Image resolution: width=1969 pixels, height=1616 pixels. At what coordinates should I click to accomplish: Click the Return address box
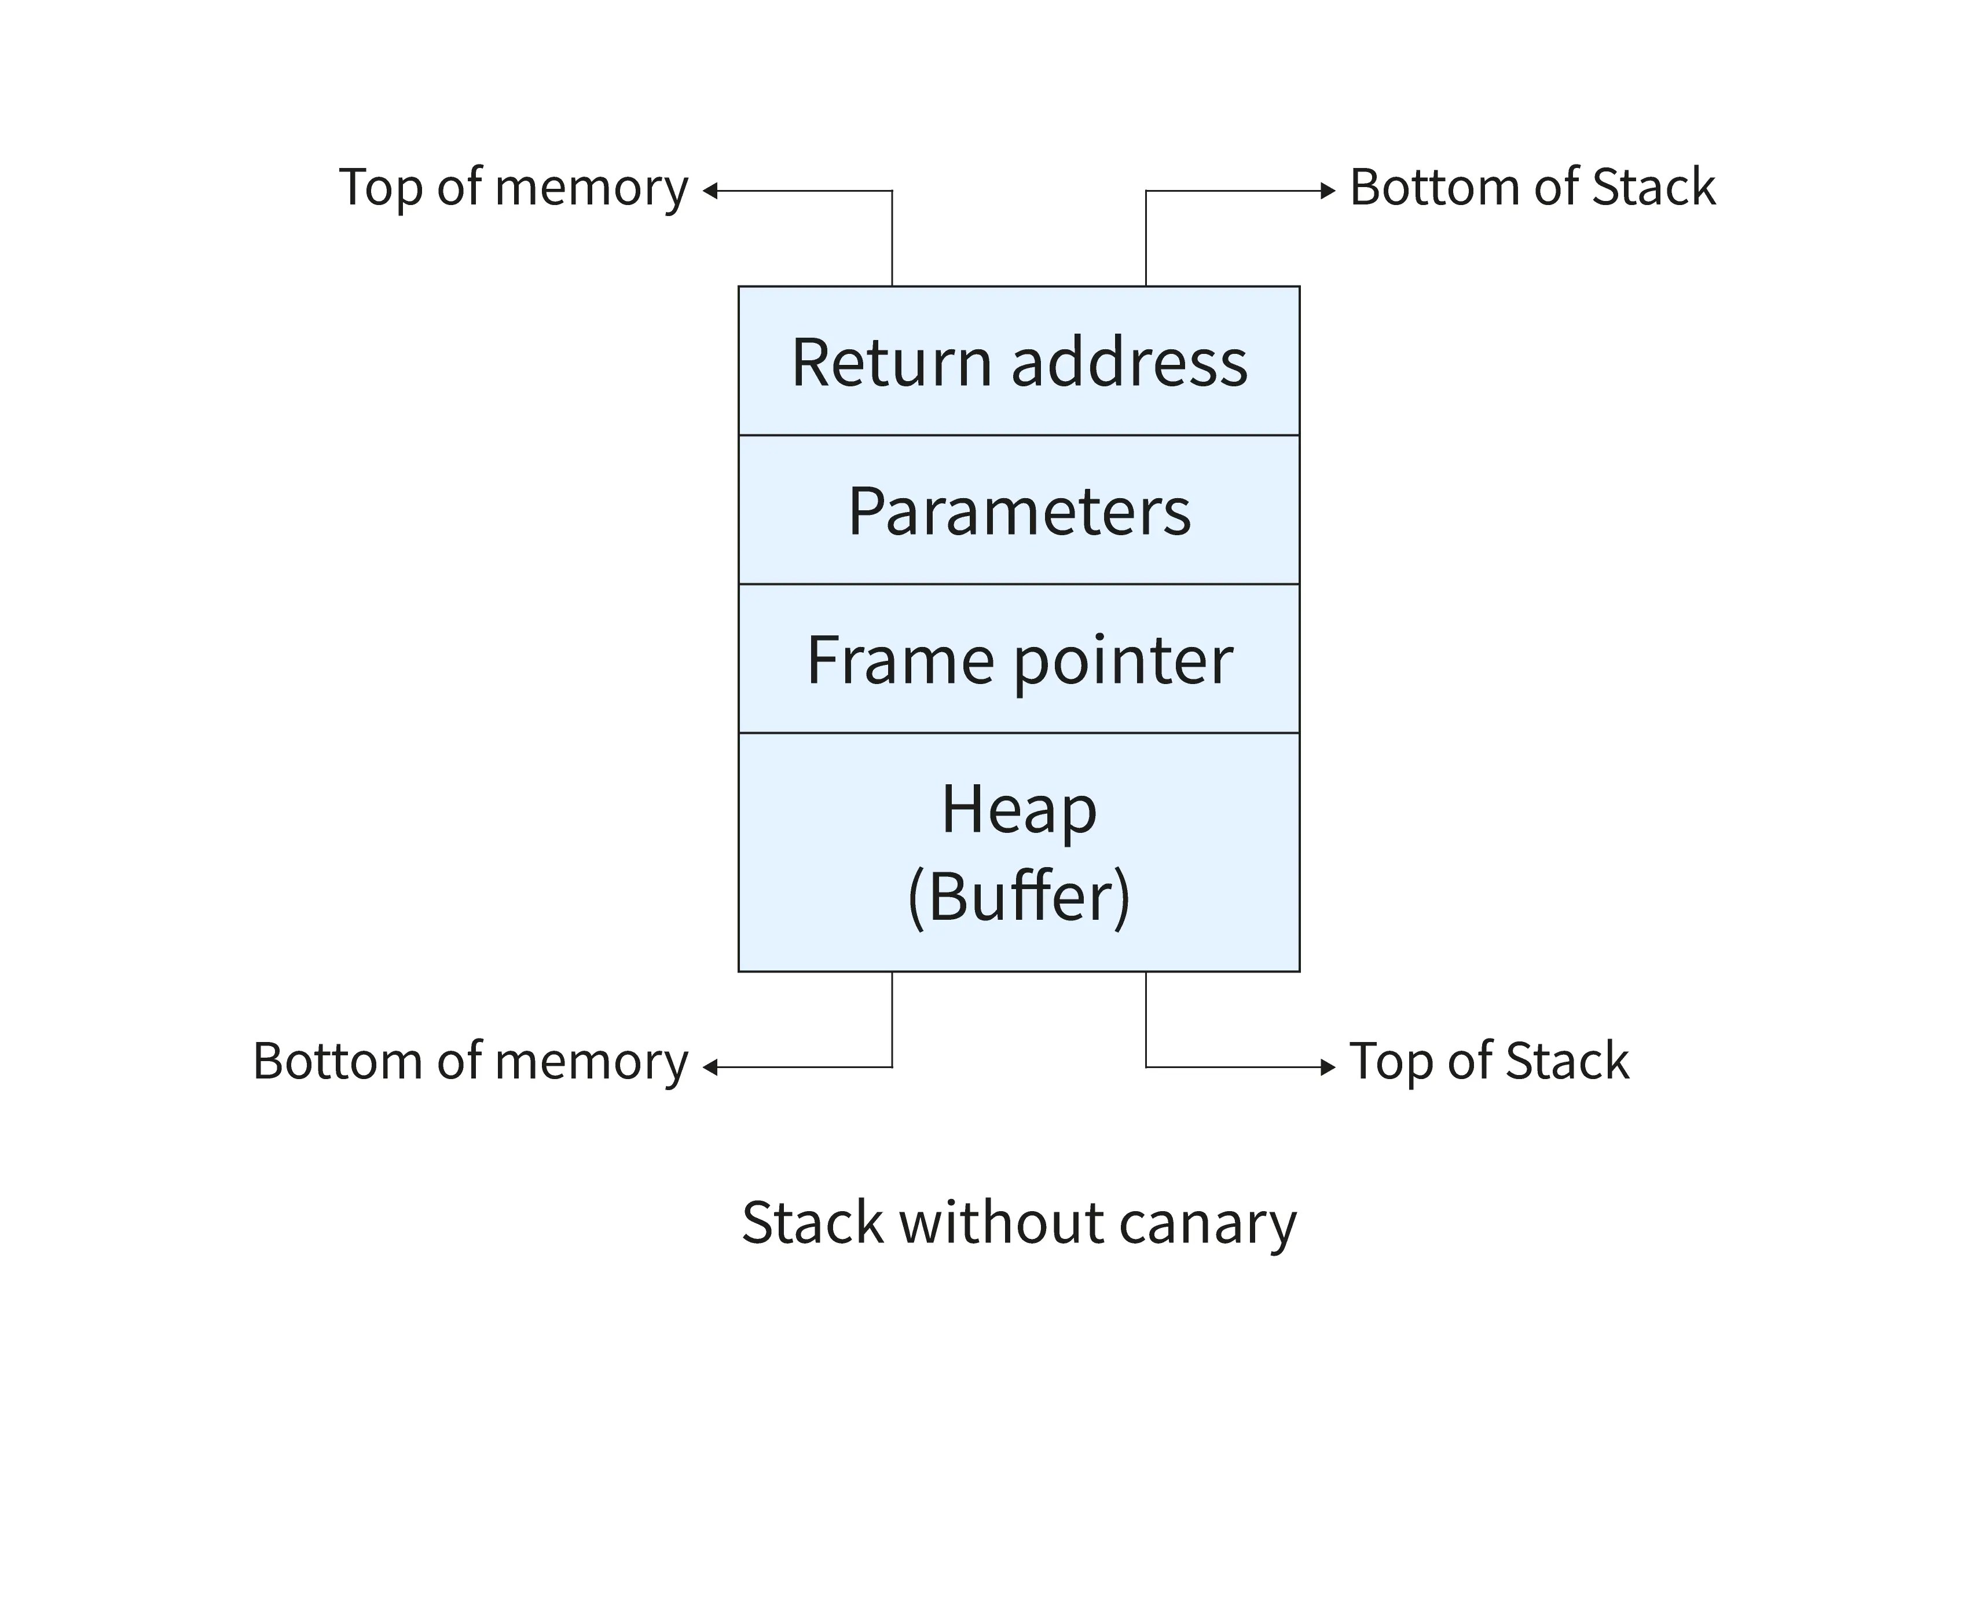pos(1019,361)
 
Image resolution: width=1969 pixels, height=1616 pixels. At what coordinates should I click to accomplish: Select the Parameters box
pos(1019,511)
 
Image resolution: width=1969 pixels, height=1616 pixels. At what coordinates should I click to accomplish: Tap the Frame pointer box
pos(1019,660)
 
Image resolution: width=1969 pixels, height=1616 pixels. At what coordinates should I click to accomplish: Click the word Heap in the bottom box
pos(1019,809)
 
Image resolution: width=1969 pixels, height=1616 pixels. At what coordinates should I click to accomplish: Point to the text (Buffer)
pos(1019,897)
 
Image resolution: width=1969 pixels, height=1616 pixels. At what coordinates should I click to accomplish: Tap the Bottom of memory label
pos(470,1061)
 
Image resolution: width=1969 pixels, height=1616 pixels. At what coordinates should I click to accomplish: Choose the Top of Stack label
pos(1489,1061)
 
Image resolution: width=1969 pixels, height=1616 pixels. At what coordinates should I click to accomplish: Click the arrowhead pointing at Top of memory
pos(710,191)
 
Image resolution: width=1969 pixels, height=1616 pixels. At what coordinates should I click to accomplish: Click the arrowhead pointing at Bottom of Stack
pos(1328,191)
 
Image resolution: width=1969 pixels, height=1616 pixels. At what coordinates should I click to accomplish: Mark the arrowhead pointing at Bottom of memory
pos(710,1067)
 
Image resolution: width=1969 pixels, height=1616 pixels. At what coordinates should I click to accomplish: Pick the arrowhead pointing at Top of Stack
pos(1328,1067)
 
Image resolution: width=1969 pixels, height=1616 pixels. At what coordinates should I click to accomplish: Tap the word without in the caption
pos(1000,1222)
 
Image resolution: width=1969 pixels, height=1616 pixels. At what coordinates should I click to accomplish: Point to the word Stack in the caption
pos(812,1222)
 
